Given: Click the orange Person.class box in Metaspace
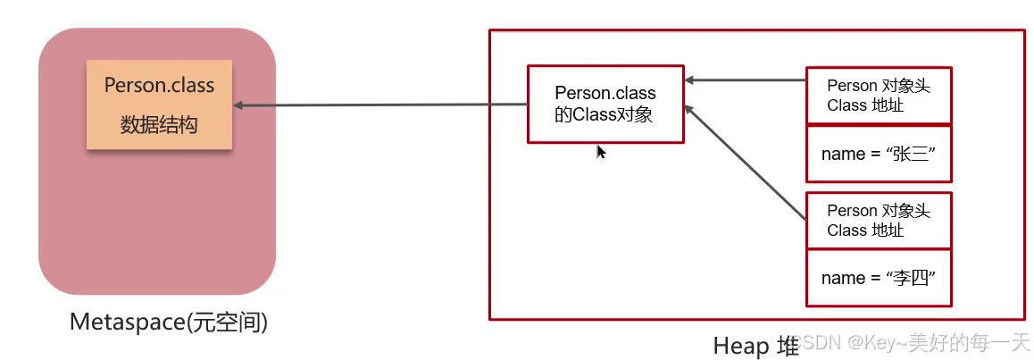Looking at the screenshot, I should [159, 105].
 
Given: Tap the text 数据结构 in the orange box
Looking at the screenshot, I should [159, 125].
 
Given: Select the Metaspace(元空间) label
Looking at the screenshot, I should [169, 322].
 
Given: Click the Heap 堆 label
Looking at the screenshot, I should [755, 346].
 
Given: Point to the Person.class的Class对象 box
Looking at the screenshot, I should [605, 104].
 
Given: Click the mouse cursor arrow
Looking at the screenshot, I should [601, 152].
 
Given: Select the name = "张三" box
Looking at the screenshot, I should [879, 154].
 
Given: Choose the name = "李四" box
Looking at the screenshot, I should [879, 278].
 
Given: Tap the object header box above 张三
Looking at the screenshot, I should [879, 95].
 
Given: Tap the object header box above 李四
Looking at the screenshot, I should [879, 220].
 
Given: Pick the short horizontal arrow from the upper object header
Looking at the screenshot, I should [746, 80].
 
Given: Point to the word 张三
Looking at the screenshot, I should [911, 154].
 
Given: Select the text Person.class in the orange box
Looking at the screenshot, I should [159, 86].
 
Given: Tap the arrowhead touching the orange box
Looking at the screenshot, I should [239, 106].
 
